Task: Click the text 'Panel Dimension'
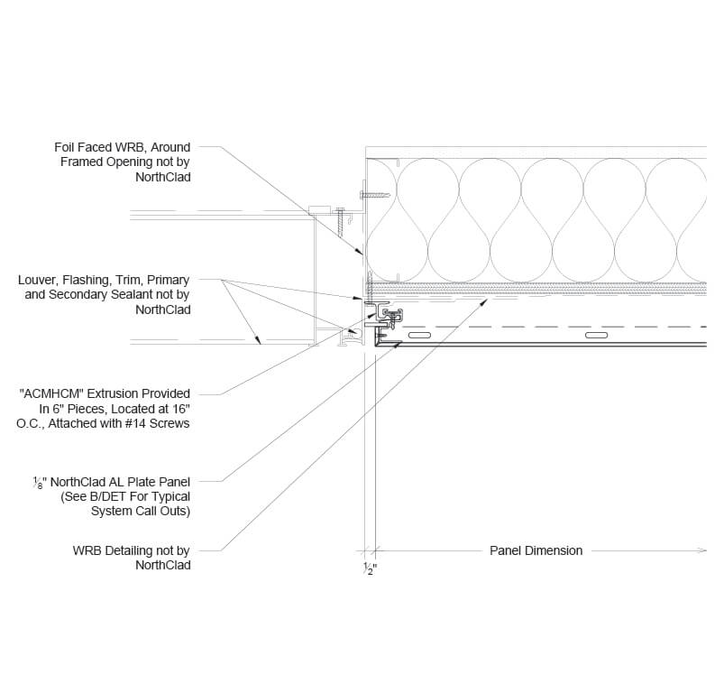pos(536,550)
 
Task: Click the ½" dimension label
pos(370,568)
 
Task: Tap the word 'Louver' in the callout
pos(39,280)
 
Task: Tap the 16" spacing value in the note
pos(179,409)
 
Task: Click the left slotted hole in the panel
pos(419,335)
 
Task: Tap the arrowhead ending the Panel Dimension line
pos(702,550)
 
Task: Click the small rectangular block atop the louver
pos(320,209)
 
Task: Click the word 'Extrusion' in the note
pos(119,393)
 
